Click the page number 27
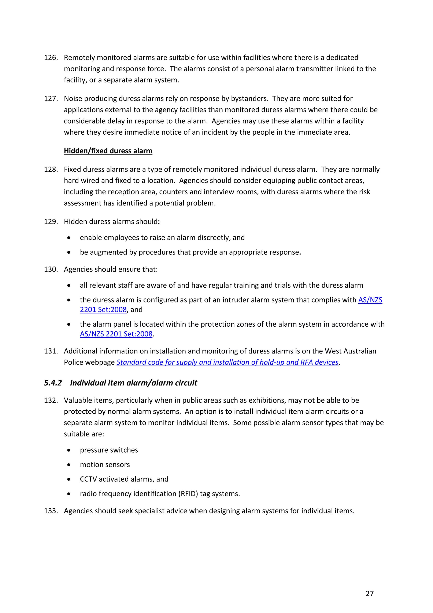click(370, 593)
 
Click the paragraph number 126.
click(51, 58)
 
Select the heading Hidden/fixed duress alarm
click(108, 151)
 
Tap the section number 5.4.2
click(53, 383)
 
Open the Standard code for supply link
click(227, 362)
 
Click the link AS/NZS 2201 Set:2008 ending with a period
click(116, 334)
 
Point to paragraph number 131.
click(51, 351)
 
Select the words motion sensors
click(105, 465)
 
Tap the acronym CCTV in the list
click(88, 479)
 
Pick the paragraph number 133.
click(51, 511)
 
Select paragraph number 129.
click(51, 222)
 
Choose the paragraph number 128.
click(51, 170)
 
